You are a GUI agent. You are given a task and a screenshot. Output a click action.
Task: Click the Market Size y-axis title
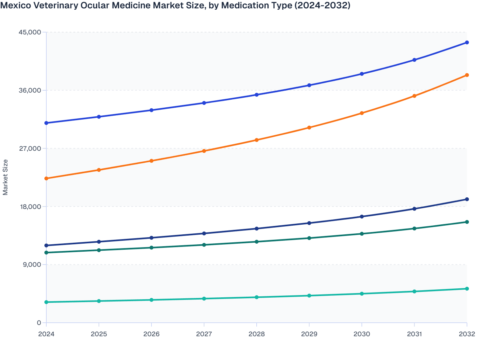click(x=5, y=177)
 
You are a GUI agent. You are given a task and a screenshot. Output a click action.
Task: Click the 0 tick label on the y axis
click(x=39, y=323)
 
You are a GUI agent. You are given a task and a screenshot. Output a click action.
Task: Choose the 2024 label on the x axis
click(x=46, y=334)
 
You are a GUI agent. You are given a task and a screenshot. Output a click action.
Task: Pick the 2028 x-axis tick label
click(x=257, y=334)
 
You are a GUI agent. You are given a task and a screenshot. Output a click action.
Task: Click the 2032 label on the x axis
click(x=467, y=334)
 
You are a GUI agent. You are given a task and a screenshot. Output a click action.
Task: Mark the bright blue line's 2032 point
click(x=467, y=42)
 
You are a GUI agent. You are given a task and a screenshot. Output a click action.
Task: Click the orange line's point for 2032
click(x=467, y=75)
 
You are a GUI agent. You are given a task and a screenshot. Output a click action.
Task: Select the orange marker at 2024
click(x=46, y=178)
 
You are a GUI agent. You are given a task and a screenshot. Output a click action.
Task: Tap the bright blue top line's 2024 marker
click(x=46, y=123)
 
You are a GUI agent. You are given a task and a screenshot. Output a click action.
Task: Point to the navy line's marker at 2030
click(x=362, y=217)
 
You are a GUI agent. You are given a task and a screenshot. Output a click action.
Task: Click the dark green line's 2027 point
click(x=204, y=245)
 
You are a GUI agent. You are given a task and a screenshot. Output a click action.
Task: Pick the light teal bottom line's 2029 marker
click(x=309, y=296)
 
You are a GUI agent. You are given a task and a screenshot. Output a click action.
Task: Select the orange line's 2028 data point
click(x=257, y=140)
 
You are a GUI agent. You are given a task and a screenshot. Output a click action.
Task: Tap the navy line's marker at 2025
click(x=99, y=242)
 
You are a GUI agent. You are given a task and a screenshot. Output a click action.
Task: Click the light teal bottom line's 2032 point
click(x=467, y=289)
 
